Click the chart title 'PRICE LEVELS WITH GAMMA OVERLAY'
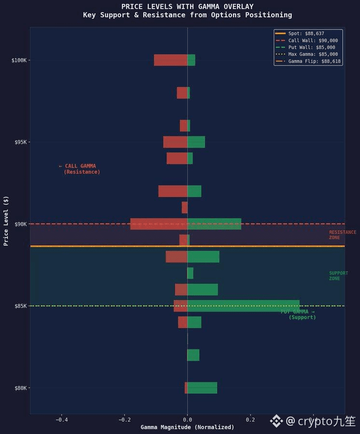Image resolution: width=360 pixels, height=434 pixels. pos(187,7)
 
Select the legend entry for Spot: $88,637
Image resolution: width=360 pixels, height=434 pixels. pos(306,33)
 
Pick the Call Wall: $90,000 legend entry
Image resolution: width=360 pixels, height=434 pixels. pos(313,41)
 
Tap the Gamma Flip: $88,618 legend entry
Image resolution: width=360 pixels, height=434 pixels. pos(314,61)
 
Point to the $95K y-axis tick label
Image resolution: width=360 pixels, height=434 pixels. pos(20,142)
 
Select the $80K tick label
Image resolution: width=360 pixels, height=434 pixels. pos(20,388)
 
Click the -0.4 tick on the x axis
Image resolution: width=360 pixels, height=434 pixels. pos(61,420)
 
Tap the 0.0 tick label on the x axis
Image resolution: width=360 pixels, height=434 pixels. pos(187,420)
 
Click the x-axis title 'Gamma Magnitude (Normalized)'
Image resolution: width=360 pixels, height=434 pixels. pos(187,427)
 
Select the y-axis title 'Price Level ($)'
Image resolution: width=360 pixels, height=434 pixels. pos(6,221)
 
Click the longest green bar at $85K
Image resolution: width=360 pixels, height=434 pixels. pos(243,306)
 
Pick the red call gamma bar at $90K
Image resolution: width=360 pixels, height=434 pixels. pos(159,224)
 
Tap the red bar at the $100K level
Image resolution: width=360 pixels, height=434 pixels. pos(170,60)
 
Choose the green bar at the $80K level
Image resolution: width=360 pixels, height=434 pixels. pos(202,388)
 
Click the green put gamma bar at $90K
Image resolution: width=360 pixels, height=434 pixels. pos(214,224)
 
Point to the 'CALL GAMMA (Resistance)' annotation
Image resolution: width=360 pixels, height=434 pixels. pos(80,169)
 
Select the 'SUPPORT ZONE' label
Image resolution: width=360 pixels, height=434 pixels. pos(338,276)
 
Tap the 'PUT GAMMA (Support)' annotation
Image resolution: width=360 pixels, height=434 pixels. pos(299,314)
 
